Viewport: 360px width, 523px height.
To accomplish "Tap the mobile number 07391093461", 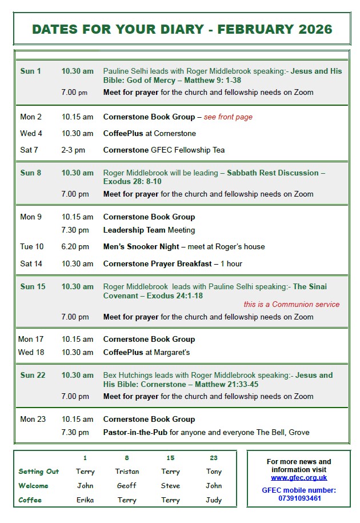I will pos(299,498).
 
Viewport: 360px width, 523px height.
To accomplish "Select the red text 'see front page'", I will pos(228,117).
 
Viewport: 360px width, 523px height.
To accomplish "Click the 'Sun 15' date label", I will pos(33,286).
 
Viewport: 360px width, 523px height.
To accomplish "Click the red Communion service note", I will pos(291,304).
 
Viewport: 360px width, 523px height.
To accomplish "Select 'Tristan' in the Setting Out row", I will pos(127,472).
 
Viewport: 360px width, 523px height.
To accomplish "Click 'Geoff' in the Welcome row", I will pos(127,486).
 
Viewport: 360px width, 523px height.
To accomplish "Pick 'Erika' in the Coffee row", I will pos(85,500).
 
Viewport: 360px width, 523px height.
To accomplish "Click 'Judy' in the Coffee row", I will pos(214,500).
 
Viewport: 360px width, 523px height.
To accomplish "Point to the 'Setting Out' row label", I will pos(38,472).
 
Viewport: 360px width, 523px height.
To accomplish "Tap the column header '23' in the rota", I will pos(214,458).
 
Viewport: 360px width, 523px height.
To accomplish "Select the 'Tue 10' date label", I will pos(31,247).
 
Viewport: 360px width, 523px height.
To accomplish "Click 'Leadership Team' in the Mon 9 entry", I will pos(134,230).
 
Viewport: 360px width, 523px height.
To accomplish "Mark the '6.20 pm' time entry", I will pos(75,247).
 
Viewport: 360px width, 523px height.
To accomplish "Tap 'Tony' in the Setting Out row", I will pos(214,472).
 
